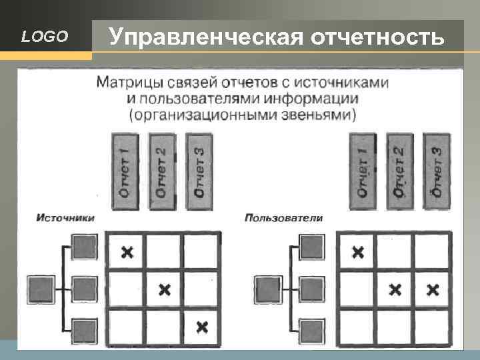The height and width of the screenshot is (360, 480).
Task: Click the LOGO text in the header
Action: click(x=45, y=37)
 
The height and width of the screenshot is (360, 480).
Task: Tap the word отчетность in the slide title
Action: click(x=378, y=37)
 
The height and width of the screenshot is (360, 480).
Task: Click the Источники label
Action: click(x=65, y=217)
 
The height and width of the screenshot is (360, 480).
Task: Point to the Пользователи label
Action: click(x=284, y=217)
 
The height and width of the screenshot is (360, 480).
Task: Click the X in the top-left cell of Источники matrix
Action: click(x=127, y=252)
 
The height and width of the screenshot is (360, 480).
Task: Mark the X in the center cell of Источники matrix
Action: click(x=165, y=289)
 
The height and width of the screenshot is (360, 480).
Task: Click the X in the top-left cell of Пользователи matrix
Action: click(x=358, y=252)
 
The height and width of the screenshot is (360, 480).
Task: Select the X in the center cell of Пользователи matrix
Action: click(x=395, y=289)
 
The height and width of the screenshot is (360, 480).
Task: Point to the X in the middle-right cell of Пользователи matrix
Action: click(x=433, y=289)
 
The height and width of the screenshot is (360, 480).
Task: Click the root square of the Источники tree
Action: click(x=41, y=289)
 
